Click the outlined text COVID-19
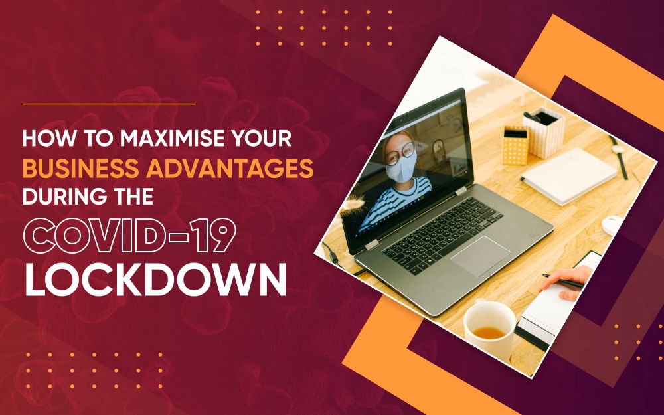[129, 236]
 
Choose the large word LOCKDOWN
[155, 280]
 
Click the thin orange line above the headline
[110, 104]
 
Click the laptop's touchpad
[481, 256]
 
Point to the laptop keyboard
[442, 234]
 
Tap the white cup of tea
[489, 328]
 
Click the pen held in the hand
[563, 281]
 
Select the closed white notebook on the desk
[568, 176]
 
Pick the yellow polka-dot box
[515, 145]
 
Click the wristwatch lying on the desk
[619, 157]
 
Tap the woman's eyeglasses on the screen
[400, 153]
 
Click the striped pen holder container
[544, 132]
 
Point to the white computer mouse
[613, 225]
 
